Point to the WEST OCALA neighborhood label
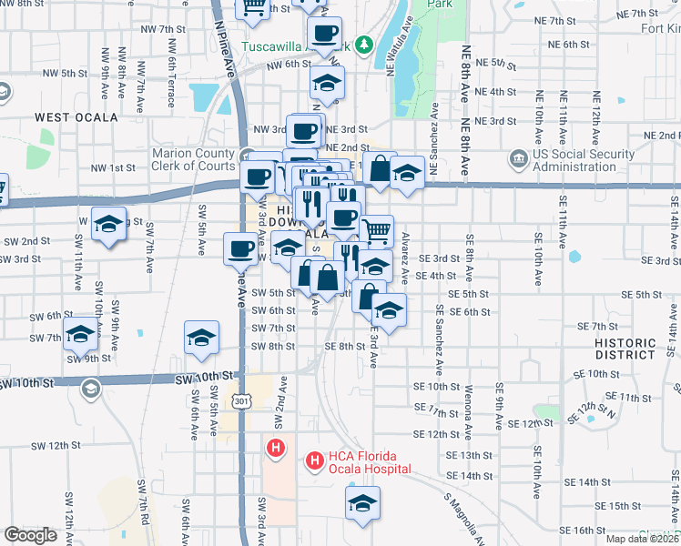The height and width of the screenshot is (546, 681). (76, 118)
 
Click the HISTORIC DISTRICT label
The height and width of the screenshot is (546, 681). (624, 349)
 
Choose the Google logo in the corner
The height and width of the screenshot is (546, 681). (30, 535)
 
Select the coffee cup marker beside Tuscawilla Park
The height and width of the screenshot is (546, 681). (325, 33)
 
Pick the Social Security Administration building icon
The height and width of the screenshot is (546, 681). (518, 159)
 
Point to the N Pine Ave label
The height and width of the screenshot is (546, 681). (228, 48)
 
